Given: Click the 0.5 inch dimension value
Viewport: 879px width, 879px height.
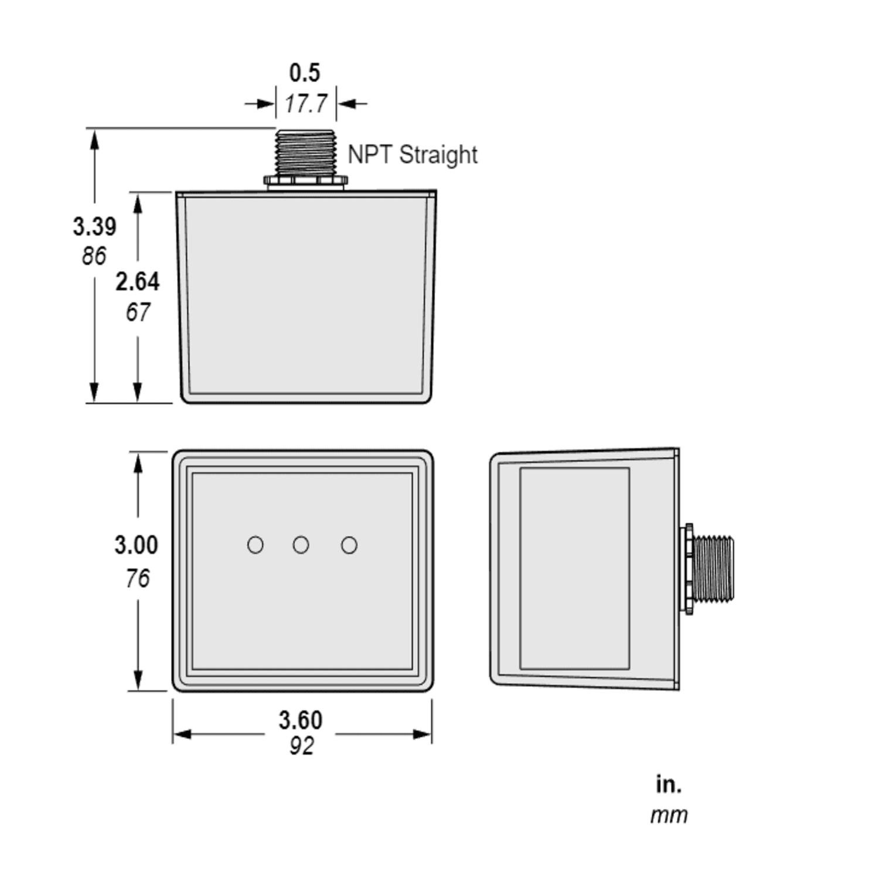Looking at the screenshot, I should (x=305, y=73).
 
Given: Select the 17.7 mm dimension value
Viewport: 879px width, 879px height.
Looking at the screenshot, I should (x=306, y=104).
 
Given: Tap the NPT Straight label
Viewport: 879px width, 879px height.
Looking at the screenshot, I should (x=412, y=155).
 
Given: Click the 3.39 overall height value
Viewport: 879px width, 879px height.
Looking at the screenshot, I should (x=94, y=226).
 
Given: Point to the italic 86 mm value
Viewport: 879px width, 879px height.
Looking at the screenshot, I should (x=94, y=256).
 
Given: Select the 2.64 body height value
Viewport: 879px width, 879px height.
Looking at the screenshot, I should (x=137, y=282).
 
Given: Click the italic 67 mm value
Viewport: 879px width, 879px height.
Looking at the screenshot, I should (x=138, y=312).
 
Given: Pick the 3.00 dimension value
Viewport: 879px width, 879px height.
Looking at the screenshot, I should (x=136, y=545).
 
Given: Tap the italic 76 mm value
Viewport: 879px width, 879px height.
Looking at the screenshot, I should (x=137, y=579).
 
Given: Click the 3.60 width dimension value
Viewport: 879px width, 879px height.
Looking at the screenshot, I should (x=300, y=720).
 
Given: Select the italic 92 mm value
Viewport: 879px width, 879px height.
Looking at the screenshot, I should (x=301, y=747).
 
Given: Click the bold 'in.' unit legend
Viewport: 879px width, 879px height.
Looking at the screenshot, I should (x=669, y=784).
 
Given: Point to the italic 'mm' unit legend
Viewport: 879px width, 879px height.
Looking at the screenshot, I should (x=669, y=815).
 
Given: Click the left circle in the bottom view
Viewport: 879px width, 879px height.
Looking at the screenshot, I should (x=255, y=545).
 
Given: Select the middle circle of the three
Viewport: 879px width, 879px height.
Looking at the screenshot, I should (x=301, y=545).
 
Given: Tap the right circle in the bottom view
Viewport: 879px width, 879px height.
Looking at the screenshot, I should (x=349, y=545).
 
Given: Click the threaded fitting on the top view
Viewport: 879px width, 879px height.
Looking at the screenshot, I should (x=305, y=152).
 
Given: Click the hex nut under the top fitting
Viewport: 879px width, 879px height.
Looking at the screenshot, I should (x=305, y=181).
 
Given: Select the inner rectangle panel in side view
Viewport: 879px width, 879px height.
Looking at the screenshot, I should (x=574, y=568).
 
